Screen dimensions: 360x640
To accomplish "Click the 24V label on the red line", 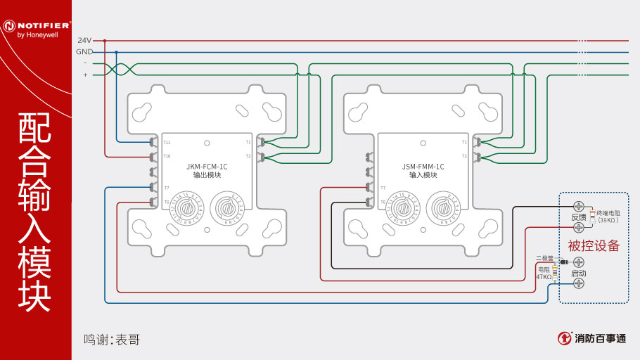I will [84, 41].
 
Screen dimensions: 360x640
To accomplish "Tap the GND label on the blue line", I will [84, 52].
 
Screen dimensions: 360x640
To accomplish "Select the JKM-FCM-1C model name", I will [207, 167].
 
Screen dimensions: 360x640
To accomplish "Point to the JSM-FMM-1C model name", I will [423, 167].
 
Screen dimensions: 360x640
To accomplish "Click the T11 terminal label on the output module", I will [167, 142].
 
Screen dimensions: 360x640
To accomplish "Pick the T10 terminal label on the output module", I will [167, 155].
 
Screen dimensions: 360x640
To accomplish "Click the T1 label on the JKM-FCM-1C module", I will [248, 142].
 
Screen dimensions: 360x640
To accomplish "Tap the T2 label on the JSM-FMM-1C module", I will [464, 155].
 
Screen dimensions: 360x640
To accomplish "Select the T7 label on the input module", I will [383, 188].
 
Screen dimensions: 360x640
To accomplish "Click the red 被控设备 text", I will [594, 245].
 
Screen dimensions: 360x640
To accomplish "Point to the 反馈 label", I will [578, 217].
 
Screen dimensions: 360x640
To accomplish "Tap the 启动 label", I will [578, 273].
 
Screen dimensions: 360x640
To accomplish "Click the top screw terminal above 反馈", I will [579, 206].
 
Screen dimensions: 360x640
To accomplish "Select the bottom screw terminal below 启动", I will [579, 283].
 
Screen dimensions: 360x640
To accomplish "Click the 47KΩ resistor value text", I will [544, 277].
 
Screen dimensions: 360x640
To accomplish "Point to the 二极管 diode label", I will [545, 258].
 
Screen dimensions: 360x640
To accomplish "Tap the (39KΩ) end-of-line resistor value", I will [608, 220].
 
